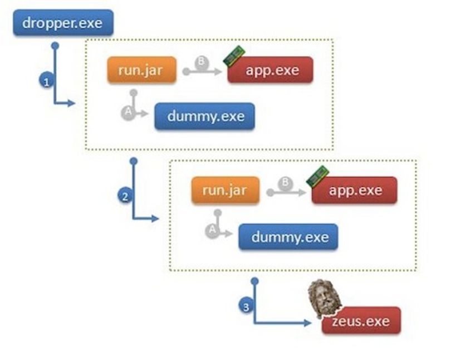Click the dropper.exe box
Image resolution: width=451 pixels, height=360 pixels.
tap(63, 23)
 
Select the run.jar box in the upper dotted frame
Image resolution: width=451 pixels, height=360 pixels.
tap(141, 70)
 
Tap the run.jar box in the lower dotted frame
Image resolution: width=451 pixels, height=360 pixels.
tap(225, 190)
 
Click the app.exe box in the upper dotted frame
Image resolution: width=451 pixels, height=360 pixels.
tap(271, 70)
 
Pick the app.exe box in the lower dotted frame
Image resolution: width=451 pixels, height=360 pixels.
tap(354, 190)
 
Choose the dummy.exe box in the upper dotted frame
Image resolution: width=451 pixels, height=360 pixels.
tap(204, 116)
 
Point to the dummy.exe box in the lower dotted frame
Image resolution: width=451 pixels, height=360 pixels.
tap(288, 237)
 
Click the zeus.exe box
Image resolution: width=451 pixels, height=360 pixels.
tap(361, 320)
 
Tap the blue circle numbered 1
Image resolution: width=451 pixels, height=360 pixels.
tap(47, 81)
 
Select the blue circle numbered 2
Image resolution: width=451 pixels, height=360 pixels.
tap(125, 196)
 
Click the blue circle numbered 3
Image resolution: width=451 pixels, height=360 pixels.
tap(246, 306)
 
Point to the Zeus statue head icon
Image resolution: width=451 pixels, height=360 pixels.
tap(324, 298)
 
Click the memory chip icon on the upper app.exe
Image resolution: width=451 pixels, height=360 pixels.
tap(234, 56)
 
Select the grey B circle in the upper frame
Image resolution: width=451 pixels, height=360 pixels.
tap(202, 62)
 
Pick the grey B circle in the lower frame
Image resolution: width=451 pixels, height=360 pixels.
tap(285, 183)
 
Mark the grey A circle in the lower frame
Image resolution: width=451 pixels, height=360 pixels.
tap(212, 231)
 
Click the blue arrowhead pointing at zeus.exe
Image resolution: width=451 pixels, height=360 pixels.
tap(308, 323)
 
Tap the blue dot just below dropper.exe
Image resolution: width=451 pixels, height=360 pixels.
tap(55, 46)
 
